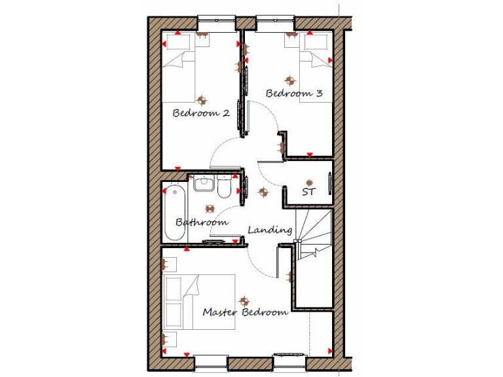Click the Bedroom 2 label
point(200,113)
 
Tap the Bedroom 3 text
point(294,94)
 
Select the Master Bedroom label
point(245,312)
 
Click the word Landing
point(269,230)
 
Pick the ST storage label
point(308,192)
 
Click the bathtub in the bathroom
point(174,213)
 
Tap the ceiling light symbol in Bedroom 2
point(202,100)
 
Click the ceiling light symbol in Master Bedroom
point(244,301)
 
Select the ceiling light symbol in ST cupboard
point(308,181)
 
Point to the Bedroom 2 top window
point(215,21)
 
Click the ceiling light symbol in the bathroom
point(210,209)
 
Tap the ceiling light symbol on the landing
point(263,192)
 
